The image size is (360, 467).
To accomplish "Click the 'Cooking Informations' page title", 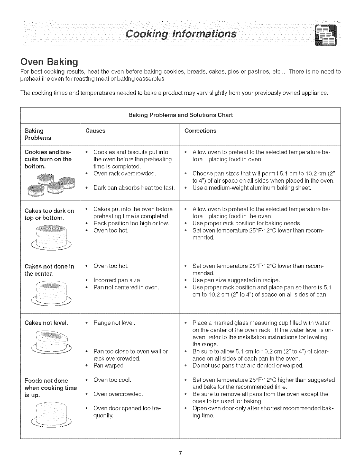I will [181, 34].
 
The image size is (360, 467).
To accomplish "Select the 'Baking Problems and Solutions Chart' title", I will [180, 115].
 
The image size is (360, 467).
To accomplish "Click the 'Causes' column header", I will [95, 131].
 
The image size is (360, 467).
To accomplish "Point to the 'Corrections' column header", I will [200, 131].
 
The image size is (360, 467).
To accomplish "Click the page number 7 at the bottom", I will [180, 453].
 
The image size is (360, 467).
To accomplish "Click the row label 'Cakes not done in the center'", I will [49, 270].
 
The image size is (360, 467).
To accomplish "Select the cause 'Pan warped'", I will [109, 365].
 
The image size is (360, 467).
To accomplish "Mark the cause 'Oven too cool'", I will [112, 380].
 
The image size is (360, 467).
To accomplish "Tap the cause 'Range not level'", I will [114, 323].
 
